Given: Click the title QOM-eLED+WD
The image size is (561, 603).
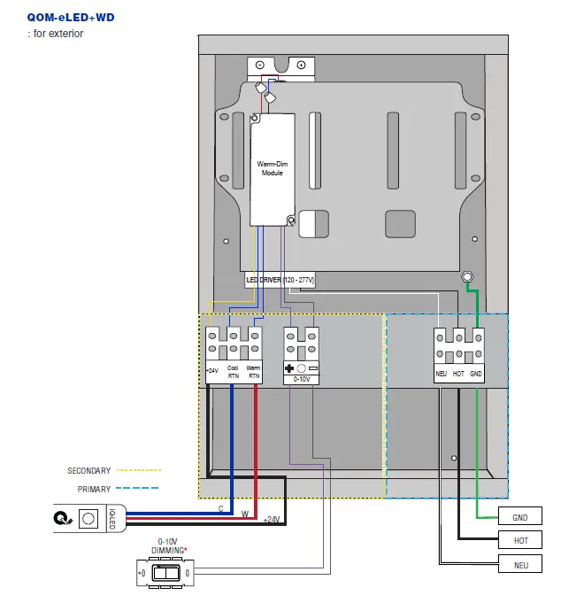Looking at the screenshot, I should [72, 17].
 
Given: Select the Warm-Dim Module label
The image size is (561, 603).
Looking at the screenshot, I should [271, 168].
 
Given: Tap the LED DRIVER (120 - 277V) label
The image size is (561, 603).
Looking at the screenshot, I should [280, 280].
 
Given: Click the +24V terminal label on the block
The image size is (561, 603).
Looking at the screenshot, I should [212, 371].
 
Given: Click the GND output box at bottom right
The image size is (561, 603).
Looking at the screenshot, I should [520, 517].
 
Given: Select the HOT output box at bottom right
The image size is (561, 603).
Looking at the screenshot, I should [520, 540].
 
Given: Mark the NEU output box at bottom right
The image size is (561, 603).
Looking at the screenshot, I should [520, 564].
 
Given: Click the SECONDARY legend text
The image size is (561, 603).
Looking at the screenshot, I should [89, 470].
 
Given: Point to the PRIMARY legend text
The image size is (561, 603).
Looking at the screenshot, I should [94, 489].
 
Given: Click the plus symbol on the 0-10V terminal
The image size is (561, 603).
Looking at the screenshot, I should [289, 367].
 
